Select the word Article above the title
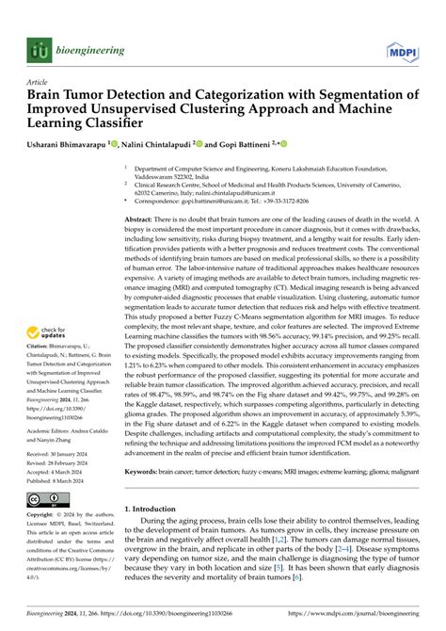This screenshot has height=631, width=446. (x=37, y=81)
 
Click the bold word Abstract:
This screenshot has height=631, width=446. (x=143, y=218)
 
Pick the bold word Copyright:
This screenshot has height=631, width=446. (x=43, y=517)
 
